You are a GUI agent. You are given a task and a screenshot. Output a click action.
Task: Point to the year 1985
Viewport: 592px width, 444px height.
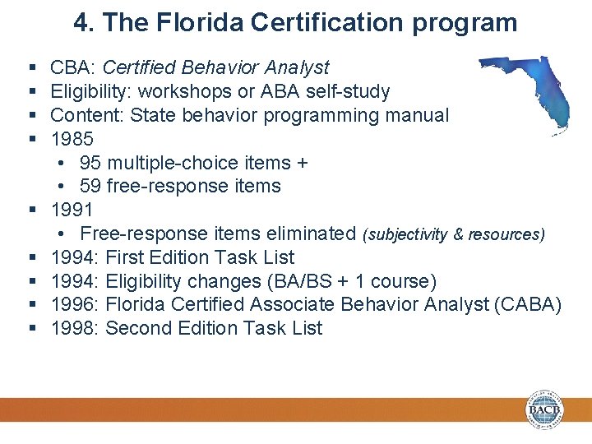tap(72, 139)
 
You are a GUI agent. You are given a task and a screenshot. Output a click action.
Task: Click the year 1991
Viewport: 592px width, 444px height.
tap(72, 210)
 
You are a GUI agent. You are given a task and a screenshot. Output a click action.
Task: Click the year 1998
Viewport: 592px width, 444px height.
tap(72, 329)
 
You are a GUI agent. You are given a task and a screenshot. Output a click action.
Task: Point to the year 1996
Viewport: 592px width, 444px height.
tap(72, 305)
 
